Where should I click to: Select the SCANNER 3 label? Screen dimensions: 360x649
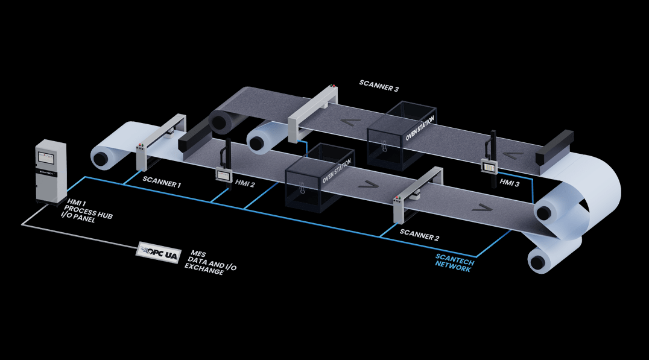(x=379, y=85)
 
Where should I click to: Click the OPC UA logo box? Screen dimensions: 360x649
(x=160, y=250)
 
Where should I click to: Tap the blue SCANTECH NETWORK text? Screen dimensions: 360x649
(x=455, y=262)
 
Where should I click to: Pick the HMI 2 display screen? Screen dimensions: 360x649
(x=224, y=174)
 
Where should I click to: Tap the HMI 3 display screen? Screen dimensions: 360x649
(x=489, y=164)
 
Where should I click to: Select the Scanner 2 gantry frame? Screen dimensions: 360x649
(x=416, y=197)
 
